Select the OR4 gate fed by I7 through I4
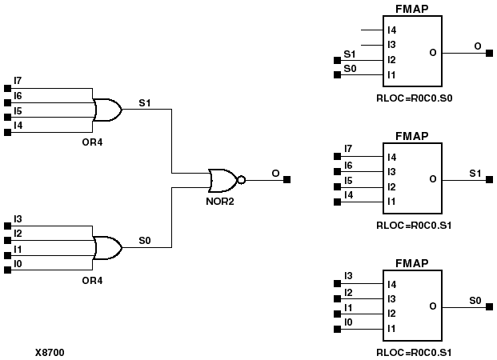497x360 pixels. [x=107, y=110]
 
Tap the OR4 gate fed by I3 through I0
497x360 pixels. [x=107, y=247]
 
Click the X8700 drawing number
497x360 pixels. [x=50, y=351]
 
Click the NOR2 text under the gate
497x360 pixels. [x=219, y=202]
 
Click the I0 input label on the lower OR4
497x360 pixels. [x=18, y=263]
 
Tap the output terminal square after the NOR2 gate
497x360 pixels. [x=287, y=180]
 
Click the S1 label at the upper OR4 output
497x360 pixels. [x=144, y=102]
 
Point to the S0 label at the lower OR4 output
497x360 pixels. [x=144, y=240]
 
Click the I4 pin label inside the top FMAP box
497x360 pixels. [x=391, y=30]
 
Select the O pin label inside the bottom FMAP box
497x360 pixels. [x=432, y=306]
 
